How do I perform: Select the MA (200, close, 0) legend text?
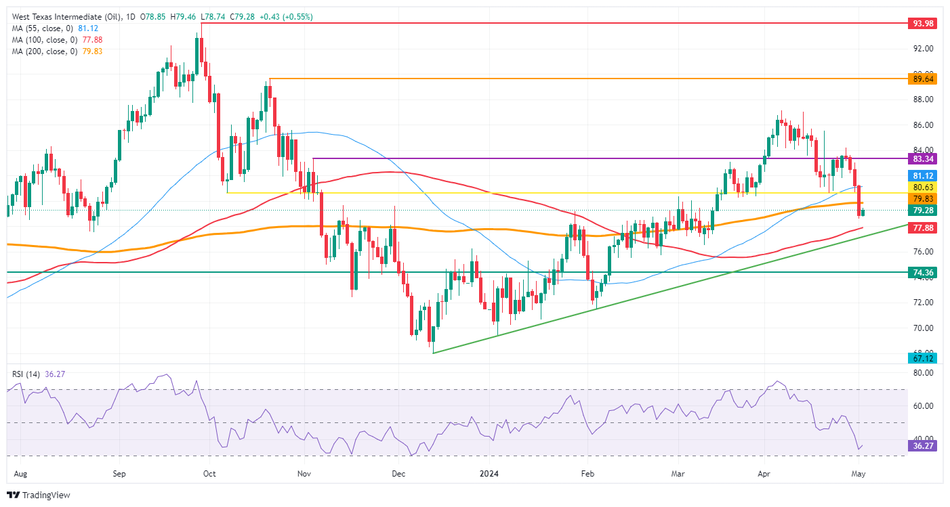[x=43, y=51]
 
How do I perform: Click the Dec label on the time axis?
[x=398, y=473]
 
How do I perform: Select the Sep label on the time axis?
[x=119, y=473]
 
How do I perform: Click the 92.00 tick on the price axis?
[x=924, y=49]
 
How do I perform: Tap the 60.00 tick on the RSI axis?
[x=924, y=406]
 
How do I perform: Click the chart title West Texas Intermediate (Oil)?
[x=64, y=16]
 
